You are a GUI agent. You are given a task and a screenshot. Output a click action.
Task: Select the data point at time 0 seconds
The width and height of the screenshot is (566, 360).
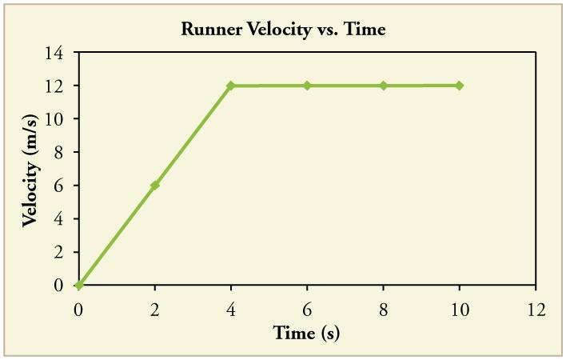coord(78,285)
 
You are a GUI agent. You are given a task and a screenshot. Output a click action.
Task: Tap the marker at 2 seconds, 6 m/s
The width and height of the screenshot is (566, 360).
coord(155,185)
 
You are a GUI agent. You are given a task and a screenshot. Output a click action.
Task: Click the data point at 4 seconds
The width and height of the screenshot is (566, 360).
coord(231,86)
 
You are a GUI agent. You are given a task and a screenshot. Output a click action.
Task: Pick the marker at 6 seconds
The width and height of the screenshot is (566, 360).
coord(307,86)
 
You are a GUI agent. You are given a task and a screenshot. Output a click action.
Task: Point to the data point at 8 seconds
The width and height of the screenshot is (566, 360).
coord(384,86)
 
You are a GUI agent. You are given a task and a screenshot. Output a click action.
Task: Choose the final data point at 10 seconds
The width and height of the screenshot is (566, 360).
coord(460,86)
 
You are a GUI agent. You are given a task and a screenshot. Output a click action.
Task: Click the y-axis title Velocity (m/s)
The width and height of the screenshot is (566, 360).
coord(30,168)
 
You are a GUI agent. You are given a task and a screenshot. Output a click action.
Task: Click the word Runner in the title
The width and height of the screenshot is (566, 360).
coord(210,30)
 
